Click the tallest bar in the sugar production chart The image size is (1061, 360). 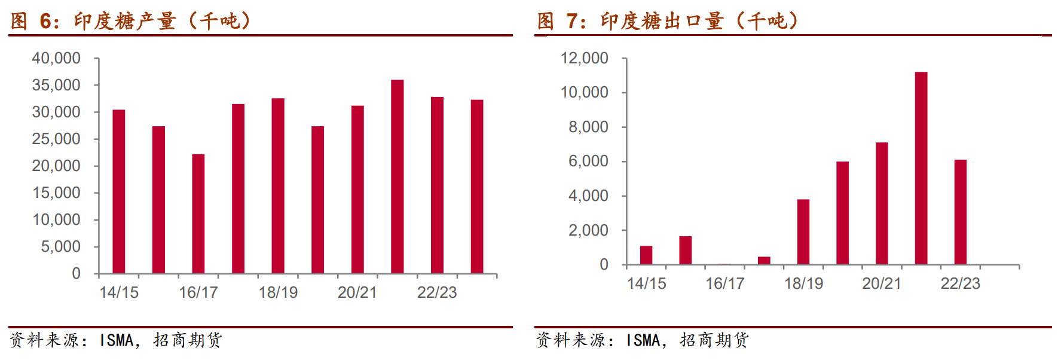(x=397, y=177)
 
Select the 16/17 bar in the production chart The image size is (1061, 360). (x=198, y=214)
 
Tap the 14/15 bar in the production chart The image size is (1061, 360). (x=119, y=192)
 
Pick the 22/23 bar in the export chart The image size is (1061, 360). (x=960, y=212)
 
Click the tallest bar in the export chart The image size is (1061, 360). (x=921, y=169)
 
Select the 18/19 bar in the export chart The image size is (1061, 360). (x=803, y=232)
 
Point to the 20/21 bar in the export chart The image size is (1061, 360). (x=882, y=203)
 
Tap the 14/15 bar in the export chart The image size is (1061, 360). (x=646, y=255)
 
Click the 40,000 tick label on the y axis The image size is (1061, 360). (x=56, y=59)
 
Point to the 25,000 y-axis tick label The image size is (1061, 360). (x=56, y=139)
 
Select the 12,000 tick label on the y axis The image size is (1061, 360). (x=584, y=59)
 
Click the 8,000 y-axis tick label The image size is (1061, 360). (x=588, y=127)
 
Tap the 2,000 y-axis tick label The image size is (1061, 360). (x=588, y=231)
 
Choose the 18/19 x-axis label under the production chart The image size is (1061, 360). (x=278, y=292)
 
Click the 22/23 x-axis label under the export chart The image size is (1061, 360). (x=960, y=283)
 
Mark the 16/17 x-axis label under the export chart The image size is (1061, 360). (x=724, y=283)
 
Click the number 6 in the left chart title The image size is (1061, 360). (x=46, y=22)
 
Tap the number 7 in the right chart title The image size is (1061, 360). (x=572, y=22)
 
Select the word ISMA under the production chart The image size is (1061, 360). (x=117, y=340)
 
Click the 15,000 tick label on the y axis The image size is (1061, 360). (x=56, y=193)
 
